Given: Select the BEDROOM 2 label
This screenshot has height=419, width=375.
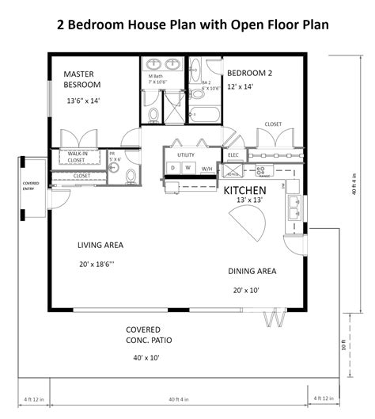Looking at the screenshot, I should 248,73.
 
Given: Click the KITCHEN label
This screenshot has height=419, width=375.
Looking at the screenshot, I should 244,191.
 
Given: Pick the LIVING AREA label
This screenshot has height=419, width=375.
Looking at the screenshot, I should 100,245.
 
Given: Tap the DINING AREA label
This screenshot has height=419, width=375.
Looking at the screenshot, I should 252,271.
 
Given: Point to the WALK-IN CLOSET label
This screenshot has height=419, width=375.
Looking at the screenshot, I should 78,156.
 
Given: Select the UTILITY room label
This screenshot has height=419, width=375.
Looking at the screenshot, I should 186,155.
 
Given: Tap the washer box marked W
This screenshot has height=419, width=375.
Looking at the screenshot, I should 188,169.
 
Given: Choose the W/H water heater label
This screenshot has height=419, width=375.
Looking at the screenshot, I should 206,169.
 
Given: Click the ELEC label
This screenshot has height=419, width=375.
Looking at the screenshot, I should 233,155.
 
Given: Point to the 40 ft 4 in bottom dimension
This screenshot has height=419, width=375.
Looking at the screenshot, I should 185,398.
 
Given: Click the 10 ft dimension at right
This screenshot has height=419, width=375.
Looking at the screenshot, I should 343,322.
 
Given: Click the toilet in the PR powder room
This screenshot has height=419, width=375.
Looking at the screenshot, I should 131,174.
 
